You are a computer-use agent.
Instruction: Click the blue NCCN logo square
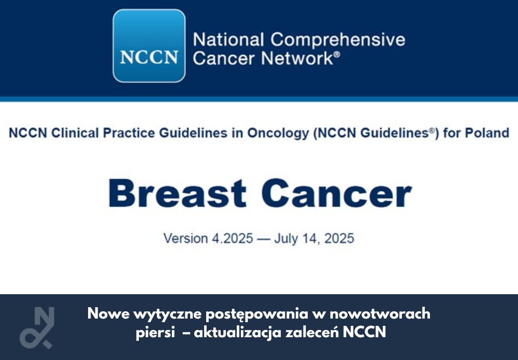(x=149, y=46)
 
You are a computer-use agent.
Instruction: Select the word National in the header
(x=228, y=40)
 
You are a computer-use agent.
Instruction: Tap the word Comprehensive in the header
(x=338, y=40)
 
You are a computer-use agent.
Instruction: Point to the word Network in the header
(x=297, y=58)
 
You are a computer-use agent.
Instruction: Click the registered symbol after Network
(x=337, y=54)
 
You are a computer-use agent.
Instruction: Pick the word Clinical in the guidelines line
(x=75, y=133)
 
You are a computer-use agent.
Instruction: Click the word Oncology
(x=278, y=134)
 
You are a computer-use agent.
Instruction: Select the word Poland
(x=487, y=133)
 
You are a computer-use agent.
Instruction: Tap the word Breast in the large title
(x=177, y=193)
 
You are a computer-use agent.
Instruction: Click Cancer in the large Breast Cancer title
(x=337, y=193)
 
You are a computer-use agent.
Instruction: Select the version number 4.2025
(x=232, y=238)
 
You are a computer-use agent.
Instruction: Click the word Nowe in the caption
(x=108, y=313)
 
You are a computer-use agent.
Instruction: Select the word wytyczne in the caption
(x=167, y=314)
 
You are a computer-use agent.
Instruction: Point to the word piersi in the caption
(x=155, y=333)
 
